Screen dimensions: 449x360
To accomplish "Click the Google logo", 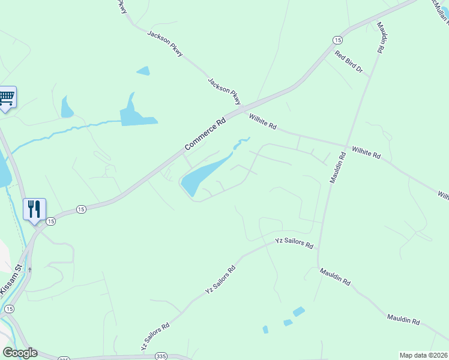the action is [20, 353].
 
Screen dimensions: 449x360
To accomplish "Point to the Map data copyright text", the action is [424, 355].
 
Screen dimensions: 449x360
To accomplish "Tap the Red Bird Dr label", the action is [349, 62].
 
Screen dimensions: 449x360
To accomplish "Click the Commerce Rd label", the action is [205, 133].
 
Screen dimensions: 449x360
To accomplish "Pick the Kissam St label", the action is [13, 278].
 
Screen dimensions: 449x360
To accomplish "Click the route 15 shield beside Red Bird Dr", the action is [337, 40].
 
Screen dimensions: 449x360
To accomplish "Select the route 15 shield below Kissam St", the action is [9, 308].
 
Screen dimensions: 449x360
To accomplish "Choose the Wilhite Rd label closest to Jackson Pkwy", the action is [263, 122].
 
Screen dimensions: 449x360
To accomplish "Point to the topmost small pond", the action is [143, 71].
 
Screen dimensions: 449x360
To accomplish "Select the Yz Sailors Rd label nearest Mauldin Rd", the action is [294, 243].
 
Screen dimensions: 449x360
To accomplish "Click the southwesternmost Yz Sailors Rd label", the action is [155, 337].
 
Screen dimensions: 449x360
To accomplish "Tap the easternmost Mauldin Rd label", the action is [403, 319].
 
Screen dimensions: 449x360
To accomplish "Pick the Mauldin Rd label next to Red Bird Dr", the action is [381, 38].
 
